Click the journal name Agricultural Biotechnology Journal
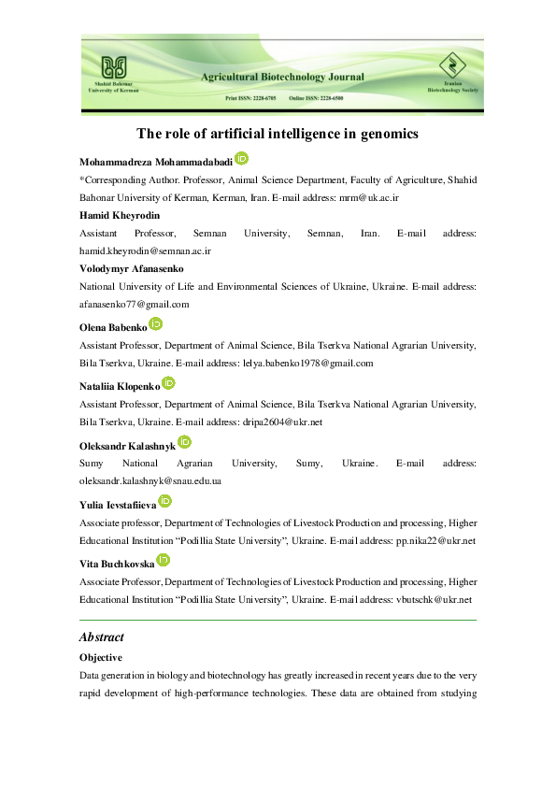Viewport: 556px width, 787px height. [x=281, y=77]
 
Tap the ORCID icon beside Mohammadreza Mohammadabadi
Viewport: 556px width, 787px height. [x=241, y=159]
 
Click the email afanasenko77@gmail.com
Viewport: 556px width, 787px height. [x=135, y=304]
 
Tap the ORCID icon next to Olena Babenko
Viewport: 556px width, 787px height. [x=156, y=323]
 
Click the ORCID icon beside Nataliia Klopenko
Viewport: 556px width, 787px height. [x=169, y=382]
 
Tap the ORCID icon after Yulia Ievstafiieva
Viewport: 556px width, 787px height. [x=165, y=501]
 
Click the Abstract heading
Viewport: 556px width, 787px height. [x=102, y=637]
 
